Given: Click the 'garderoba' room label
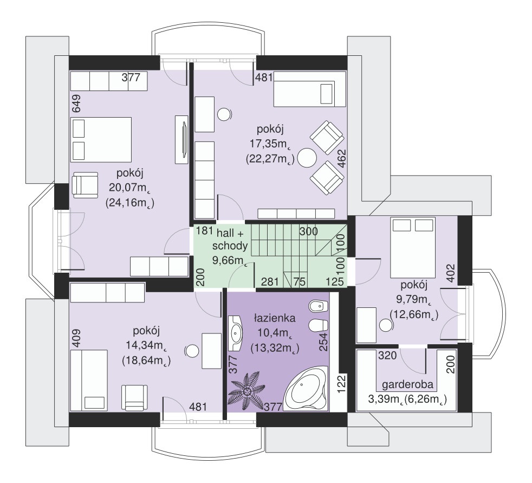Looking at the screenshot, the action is coord(407,384).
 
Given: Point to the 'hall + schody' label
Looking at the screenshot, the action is coord(230,239).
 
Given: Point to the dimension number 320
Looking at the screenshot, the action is coord(387,355).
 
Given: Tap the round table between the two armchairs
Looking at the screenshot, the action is coord(307,158).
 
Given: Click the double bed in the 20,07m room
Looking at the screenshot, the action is coord(101,139).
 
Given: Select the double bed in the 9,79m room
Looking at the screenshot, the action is coord(413,247).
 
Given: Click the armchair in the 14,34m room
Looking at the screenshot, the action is coord(135,397).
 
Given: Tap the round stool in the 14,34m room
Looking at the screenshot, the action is coord(192,351).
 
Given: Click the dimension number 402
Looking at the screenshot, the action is coord(451,273).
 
